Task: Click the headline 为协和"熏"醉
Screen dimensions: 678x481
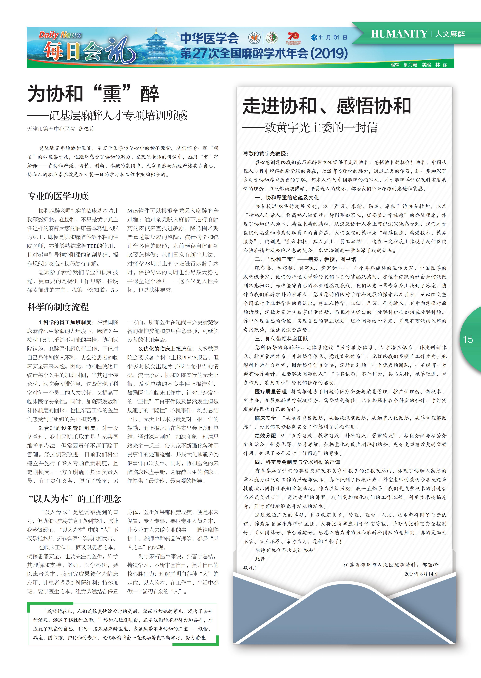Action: click(x=93, y=94)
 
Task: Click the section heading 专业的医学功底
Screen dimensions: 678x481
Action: click(x=58, y=196)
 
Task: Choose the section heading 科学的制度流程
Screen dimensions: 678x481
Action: click(x=58, y=307)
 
